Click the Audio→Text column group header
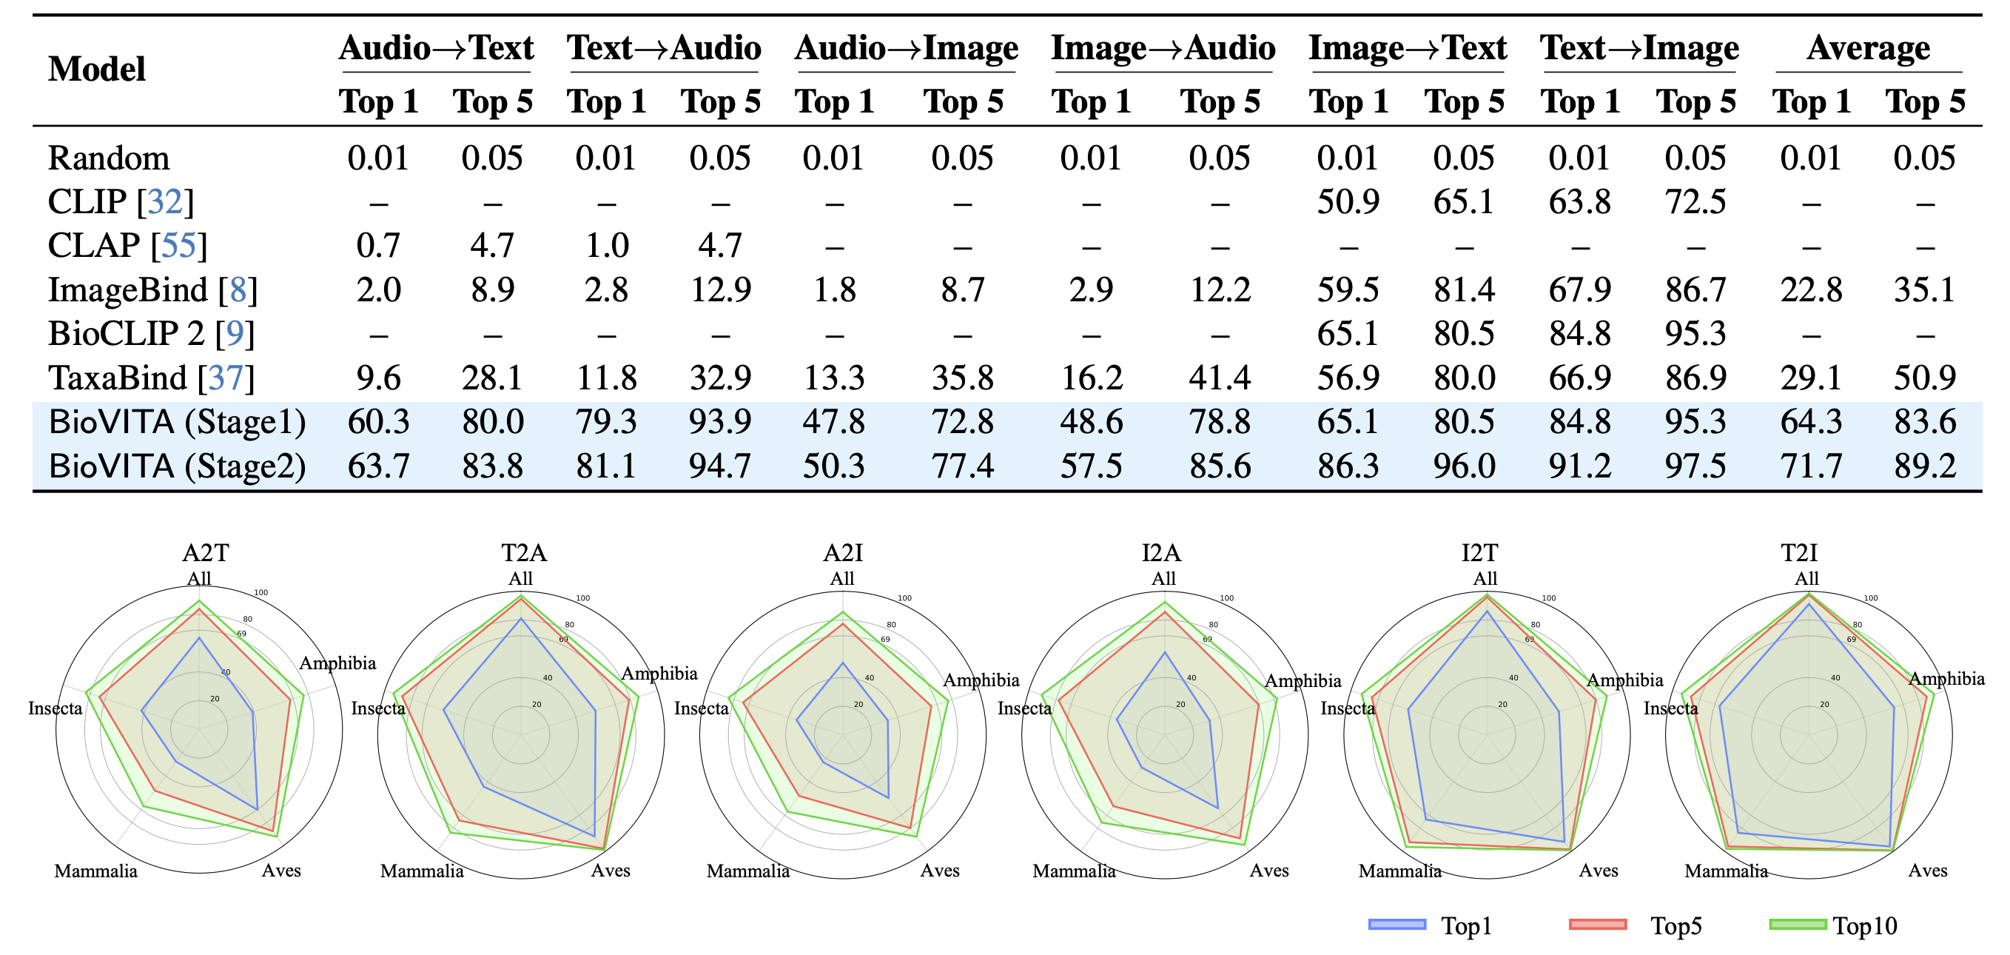tap(435, 48)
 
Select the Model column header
tap(97, 70)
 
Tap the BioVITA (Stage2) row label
tap(176, 466)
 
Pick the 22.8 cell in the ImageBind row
tap(1810, 290)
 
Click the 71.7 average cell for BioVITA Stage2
tap(1810, 466)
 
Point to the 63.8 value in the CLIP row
tap(1579, 202)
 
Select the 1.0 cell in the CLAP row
tap(606, 247)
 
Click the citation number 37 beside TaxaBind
tap(226, 378)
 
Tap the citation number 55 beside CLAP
tap(178, 247)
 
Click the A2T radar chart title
tap(205, 553)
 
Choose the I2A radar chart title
tap(1161, 553)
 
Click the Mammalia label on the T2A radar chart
tap(421, 871)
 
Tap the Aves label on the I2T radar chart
tap(1598, 871)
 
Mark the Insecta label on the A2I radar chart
tap(701, 708)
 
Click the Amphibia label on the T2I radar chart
tap(1946, 679)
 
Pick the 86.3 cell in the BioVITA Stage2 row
tap(1348, 466)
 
